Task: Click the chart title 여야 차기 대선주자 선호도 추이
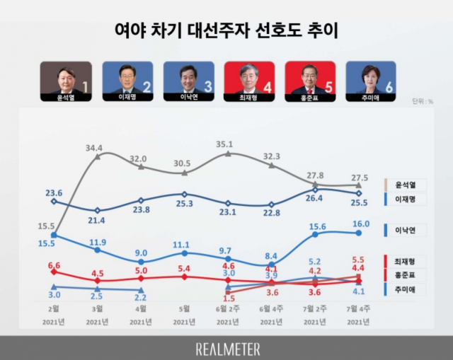point(226,30)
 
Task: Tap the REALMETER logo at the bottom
point(226,348)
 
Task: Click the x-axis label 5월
point(184,308)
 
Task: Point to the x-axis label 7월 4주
point(360,308)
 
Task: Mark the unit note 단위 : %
point(422,100)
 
